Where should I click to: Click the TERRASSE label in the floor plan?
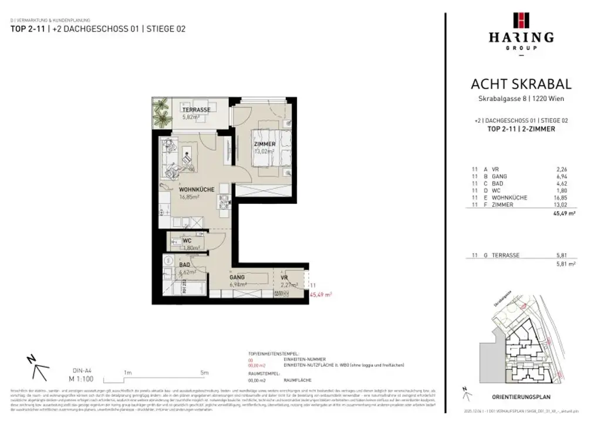click(196, 110)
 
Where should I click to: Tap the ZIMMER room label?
click(265, 144)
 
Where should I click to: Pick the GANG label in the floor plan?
click(237, 277)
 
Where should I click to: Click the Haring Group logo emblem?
click(521, 20)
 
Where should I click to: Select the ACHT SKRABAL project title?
click(521, 85)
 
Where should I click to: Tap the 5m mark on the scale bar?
click(204, 372)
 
